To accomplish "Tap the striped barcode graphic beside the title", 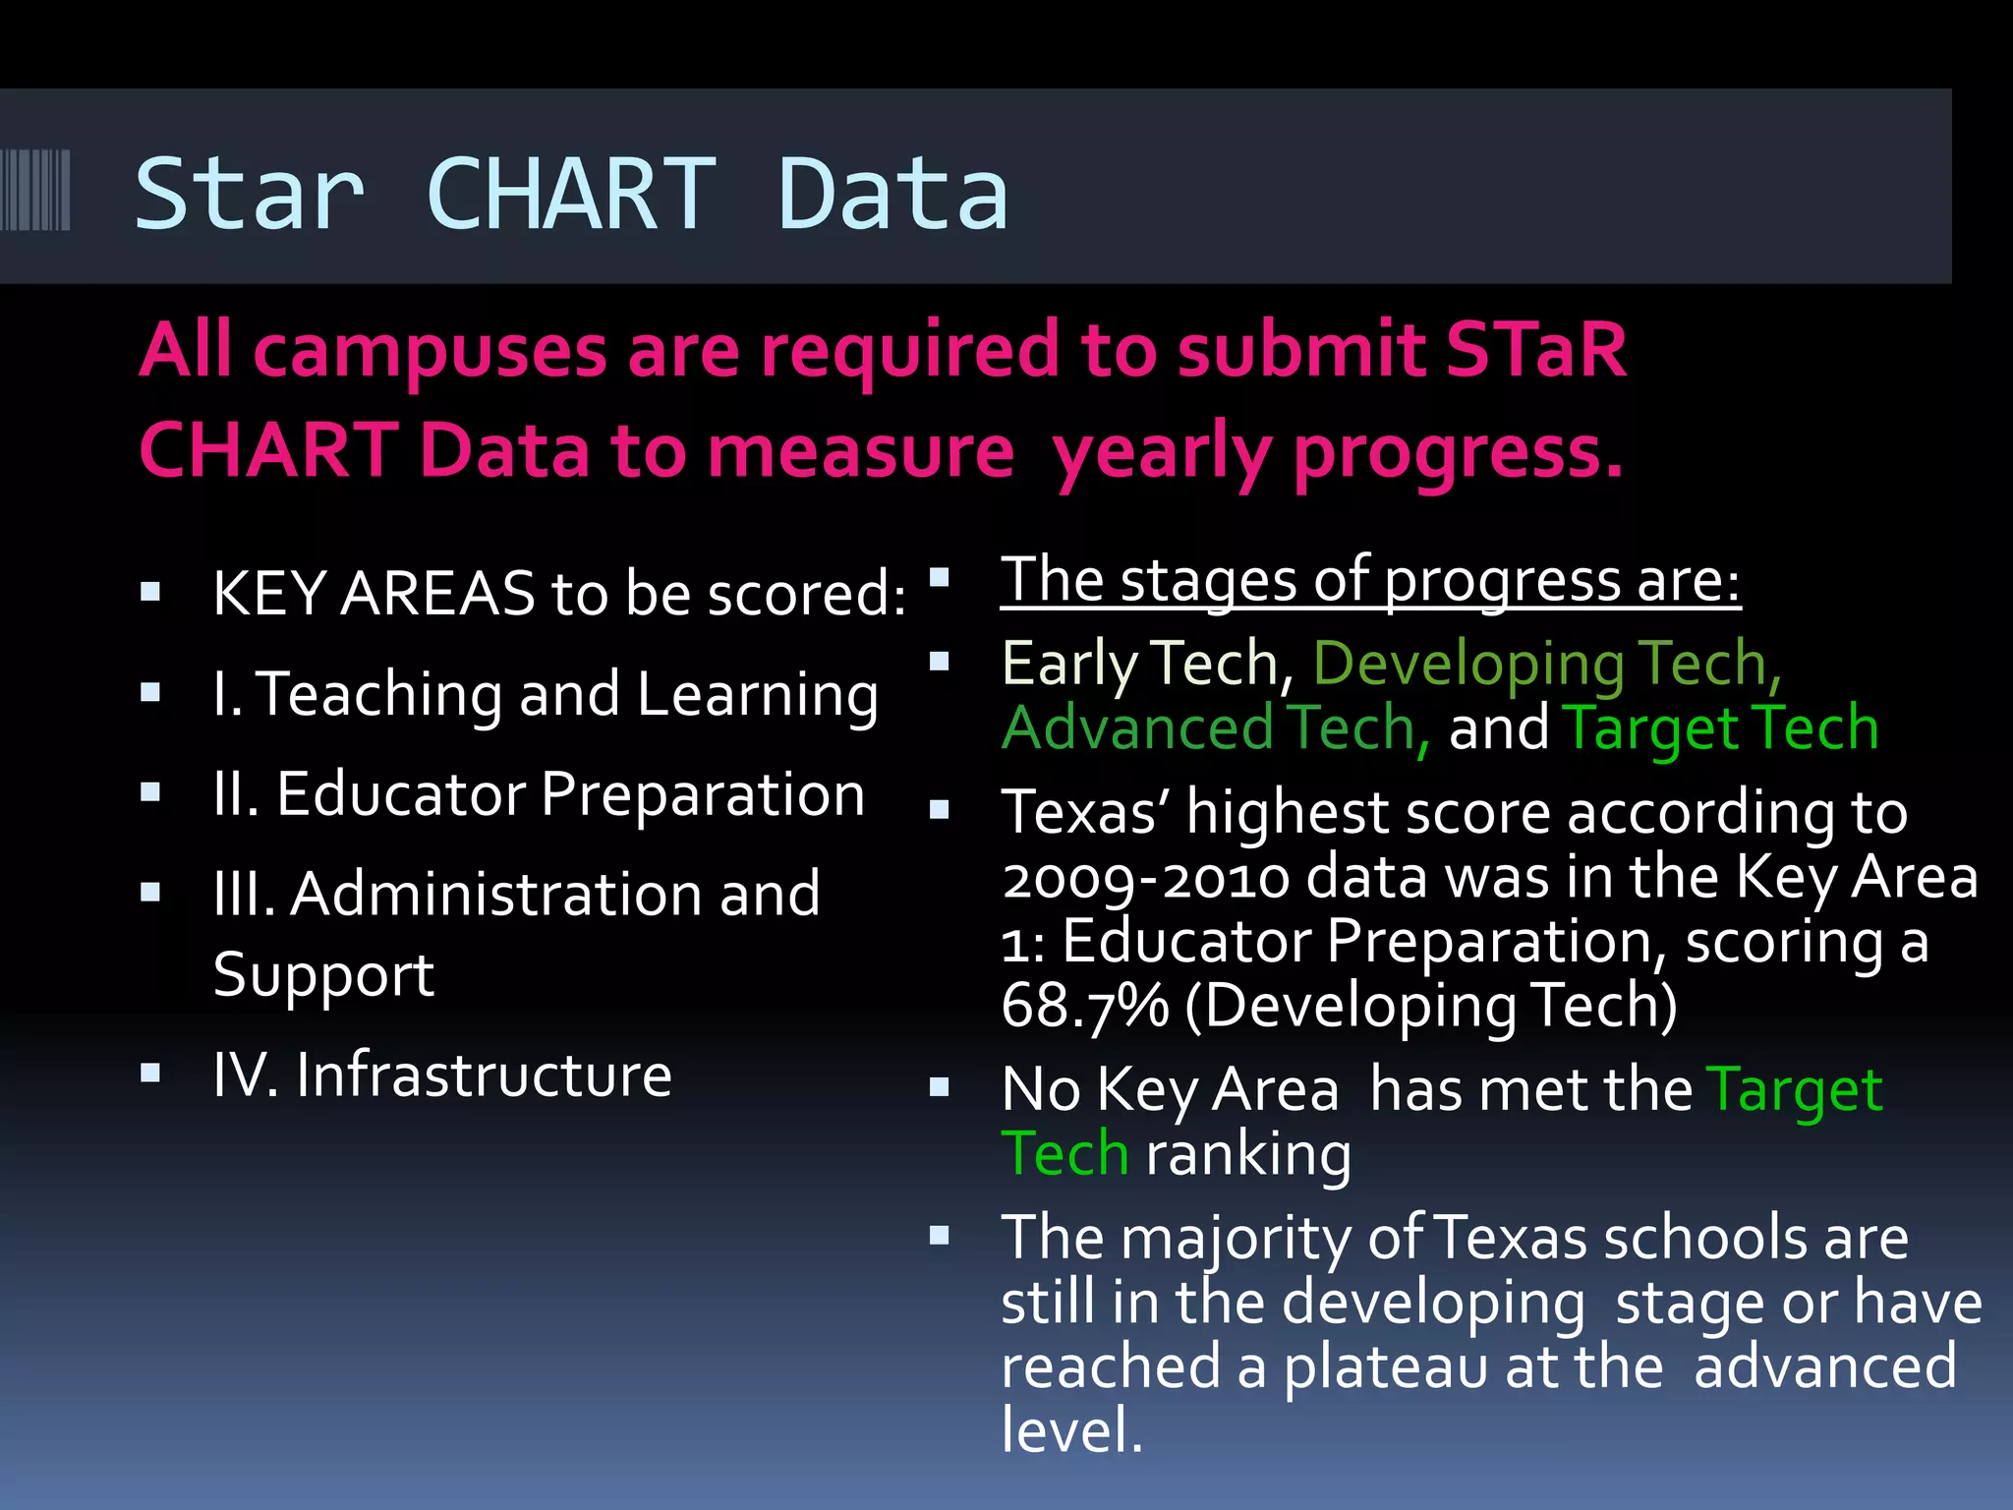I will tap(35, 190).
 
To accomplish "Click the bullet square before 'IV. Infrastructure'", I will tap(150, 1073).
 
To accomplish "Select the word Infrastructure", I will tap(484, 1074).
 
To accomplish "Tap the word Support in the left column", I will tap(323, 975).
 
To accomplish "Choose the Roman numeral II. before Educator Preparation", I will tap(236, 794).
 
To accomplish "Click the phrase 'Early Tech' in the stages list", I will tap(1140, 664).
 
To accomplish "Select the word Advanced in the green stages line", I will tap(1138, 728).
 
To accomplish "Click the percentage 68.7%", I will tap(1085, 1006).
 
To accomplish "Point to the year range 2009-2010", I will tap(1146, 877).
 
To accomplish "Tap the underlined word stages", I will tap(1208, 581).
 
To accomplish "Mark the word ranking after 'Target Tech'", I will tap(1248, 1154).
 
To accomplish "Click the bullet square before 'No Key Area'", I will tap(940, 1087).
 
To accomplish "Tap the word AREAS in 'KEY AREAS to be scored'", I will tap(436, 595).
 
